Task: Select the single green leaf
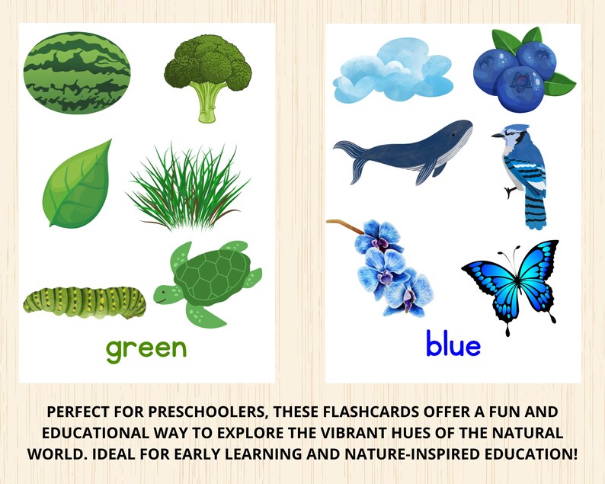(78, 184)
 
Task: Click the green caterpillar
(84, 300)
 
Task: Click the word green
(146, 348)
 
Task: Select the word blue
(453, 345)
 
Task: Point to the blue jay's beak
(494, 136)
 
